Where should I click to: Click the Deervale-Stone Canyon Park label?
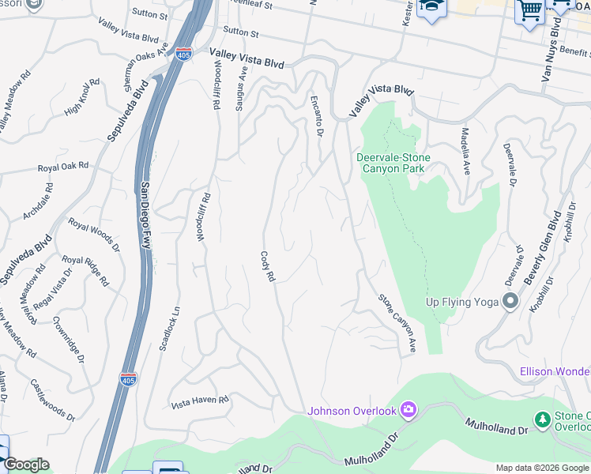[x=393, y=163]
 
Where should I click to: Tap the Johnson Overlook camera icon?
[x=408, y=409]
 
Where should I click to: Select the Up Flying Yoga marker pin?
[x=510, y=301]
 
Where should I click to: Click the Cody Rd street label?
[x=268, y=267]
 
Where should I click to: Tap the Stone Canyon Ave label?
[x=397, y=323]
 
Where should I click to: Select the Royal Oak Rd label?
[x=63, y=167]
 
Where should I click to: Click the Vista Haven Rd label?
[x=200, y=401]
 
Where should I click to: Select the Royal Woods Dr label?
[x=93, y=234]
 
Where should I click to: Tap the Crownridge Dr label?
[x=70, y=337]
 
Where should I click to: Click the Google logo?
[x=26, y=465]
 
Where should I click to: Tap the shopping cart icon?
[x=529, y=11]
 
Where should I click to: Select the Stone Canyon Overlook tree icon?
[x=543, y=419]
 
